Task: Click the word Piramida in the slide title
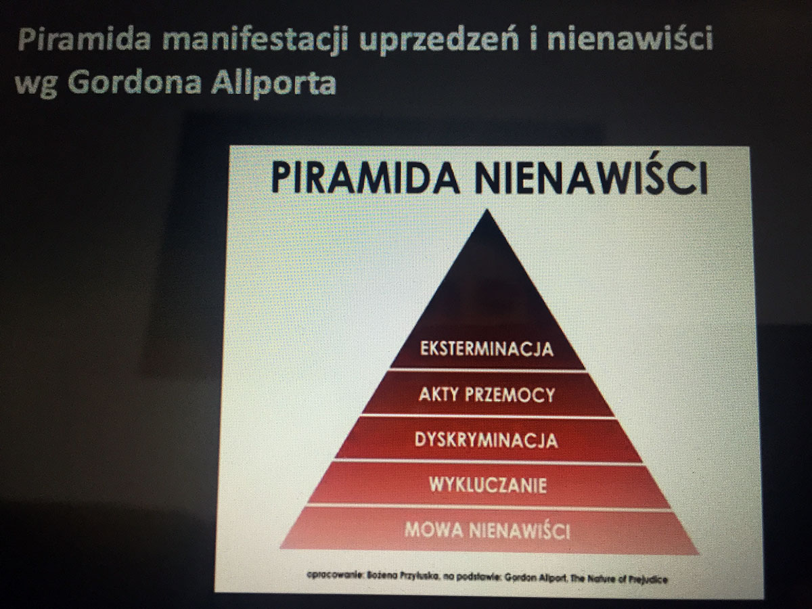click(x=85, y=39)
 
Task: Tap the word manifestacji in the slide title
click(x=255, y=40)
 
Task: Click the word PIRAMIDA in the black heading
click(x=365, y=179)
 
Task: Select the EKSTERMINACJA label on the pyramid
click(x=487, y=348)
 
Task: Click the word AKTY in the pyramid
click(x=439, y=394)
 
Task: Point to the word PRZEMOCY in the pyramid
click(x=510, y=394)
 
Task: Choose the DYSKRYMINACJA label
click(x=486, y=440)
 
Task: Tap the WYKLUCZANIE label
click(x=488, y=484)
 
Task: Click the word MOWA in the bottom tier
click(x=434, y=530)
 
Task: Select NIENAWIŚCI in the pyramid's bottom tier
click(x=520, y=530)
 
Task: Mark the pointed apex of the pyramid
click(x=487, y=210)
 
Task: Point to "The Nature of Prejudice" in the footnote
click(x=619, y=579)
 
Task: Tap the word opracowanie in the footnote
click(x=336, y=575)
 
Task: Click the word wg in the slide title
click(x=37, y=85)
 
